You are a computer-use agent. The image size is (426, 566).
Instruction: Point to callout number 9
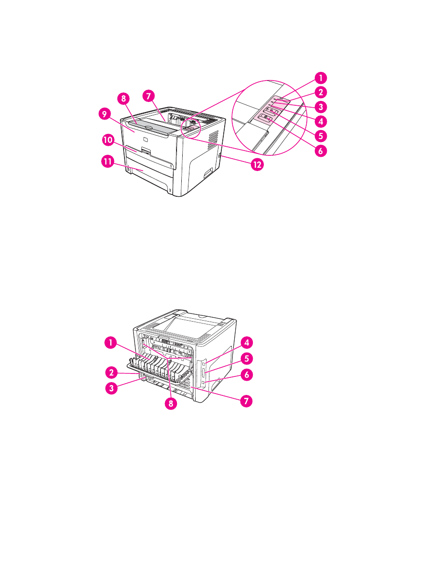click(x=105, y=115)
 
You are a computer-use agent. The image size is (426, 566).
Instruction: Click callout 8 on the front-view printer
click(x=124, y=99)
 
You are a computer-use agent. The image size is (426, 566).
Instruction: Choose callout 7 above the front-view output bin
click(x=149, y=95)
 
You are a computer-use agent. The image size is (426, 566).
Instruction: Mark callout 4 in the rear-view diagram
click(x=246, y=342)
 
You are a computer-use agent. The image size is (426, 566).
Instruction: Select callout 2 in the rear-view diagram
click(x=111, y=372)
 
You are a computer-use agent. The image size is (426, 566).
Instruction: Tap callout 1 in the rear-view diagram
click(x=111, y=342)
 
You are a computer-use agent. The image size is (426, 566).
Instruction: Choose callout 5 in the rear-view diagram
click(x=246, y=357)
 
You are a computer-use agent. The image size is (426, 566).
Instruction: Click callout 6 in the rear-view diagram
click(x=246, y=375)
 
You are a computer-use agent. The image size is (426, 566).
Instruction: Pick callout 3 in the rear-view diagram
click(x=111, y=388)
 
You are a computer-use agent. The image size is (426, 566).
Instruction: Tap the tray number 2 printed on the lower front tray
click(x=170, y=190)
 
